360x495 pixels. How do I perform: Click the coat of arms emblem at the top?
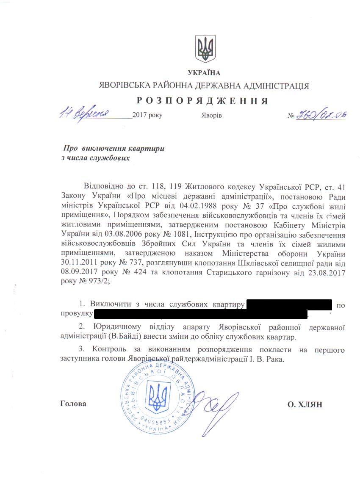205,49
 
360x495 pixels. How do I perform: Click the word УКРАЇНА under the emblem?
204,73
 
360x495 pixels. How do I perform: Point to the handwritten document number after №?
321,114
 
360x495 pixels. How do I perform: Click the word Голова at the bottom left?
73,404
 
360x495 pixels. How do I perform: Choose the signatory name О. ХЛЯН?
305,405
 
